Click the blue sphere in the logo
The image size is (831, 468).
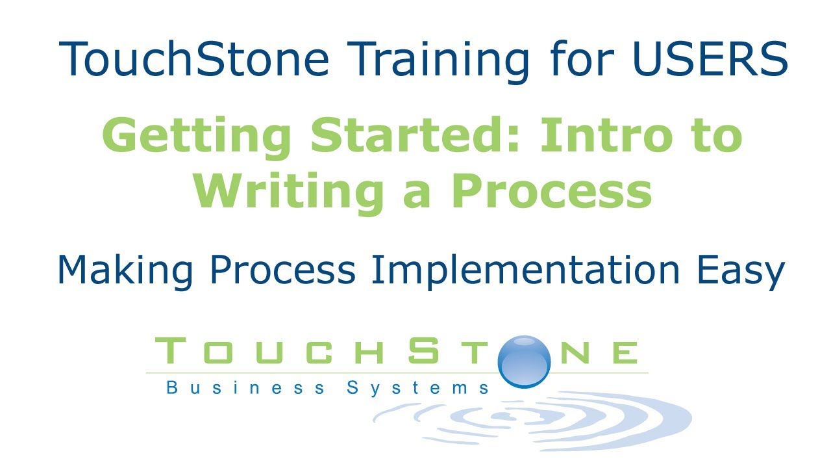pyautogui.click(x=524, y=361)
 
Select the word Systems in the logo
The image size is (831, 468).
pyautogui.click(x=418, y=388)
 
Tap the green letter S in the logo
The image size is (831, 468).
pyautogui.click(x=423, y=351)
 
